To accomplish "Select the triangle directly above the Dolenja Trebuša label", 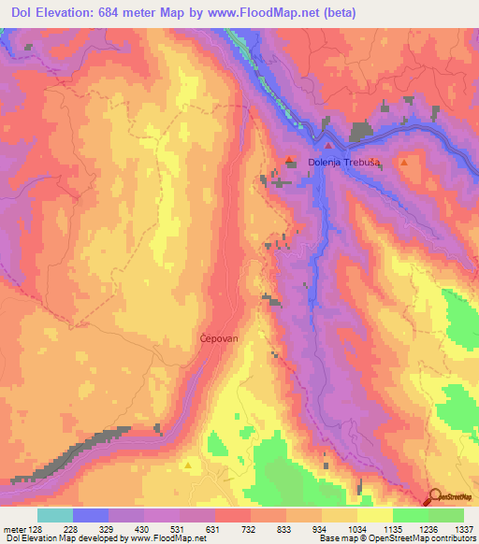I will point(328,147).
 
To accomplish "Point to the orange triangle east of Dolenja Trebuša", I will point(403,163).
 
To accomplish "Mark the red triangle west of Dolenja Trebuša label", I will point(290,159).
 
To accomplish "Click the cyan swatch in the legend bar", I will point(54,515).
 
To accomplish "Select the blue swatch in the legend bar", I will point(90,515).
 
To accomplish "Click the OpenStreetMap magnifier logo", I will point(437,498).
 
